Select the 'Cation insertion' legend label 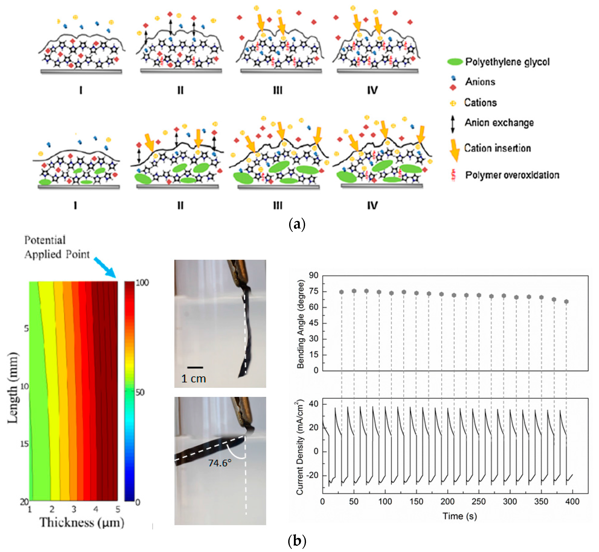tap(497, 148)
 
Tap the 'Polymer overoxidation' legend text tap(512, 175)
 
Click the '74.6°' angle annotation tap(220, 463)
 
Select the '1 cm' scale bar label tap(193, 379)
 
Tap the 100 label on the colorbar tap(142, 283)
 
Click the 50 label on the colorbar tap(140, 392)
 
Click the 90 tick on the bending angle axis tap(314, 275)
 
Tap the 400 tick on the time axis tap(572, 502)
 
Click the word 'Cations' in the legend tap(480, 102)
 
